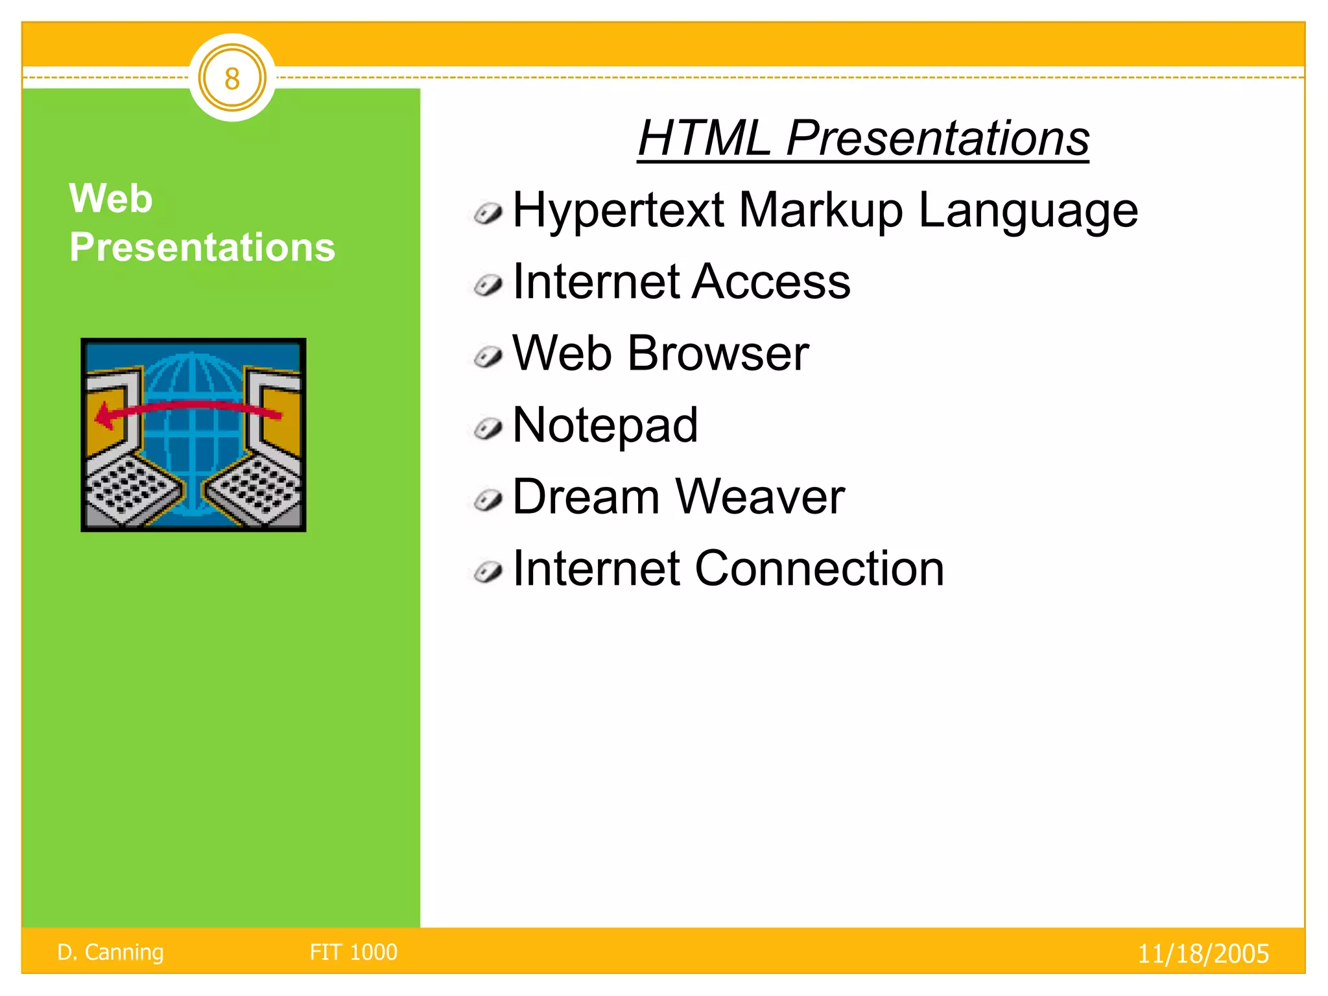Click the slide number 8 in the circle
pyautogui.click(x=232, y=79)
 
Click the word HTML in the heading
pyautogui.click(x=704, y=138)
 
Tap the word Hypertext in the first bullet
pyautogui.click(x=617, y=211)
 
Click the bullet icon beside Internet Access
pyautogui.click(x=488, y=285)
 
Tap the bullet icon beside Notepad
pyautogui.click(x=488, y=428)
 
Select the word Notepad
pyautogui.click(x=605, y=425)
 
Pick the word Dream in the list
pyautogui.click(x=586, y=497)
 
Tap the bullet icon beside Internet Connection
pyautogui.click(x=488, y=572)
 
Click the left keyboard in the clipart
pyautogui.click(x=130, y=490)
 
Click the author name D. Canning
pyautogui.click(x=110, y=952)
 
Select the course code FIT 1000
pyautogui.click(x=353, y=952)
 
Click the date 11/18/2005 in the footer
pyautogui.click(x=1203, y=954)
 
